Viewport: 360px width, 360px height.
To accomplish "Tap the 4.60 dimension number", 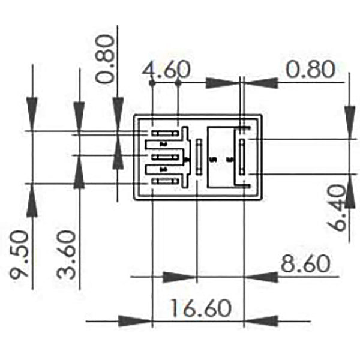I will [166, 70].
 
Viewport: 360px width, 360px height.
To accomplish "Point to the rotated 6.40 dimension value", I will [337, 208].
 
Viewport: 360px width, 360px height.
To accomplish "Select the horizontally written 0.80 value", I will [310, 70].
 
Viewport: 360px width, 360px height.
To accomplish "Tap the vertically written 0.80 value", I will [106, 58].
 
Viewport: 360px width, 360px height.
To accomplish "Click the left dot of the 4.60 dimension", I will [152, 83].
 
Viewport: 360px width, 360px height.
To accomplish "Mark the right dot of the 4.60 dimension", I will [179, 83].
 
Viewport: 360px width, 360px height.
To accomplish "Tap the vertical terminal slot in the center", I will [198, 157].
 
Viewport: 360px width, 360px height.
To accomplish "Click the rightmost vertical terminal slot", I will [242, 157].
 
